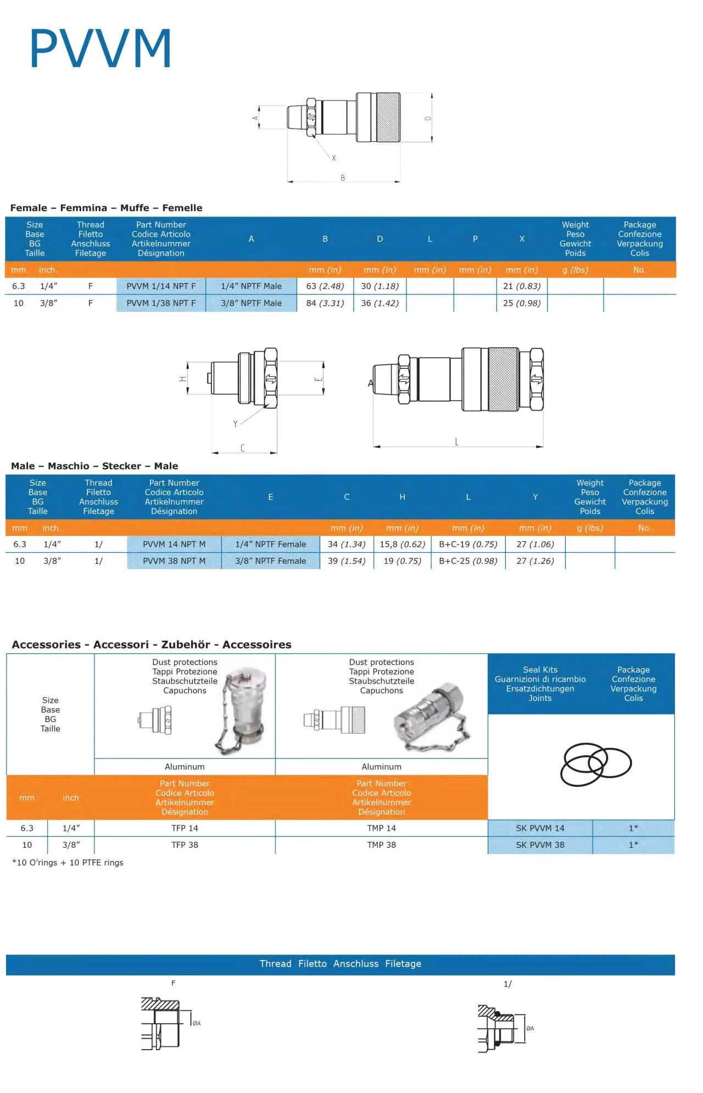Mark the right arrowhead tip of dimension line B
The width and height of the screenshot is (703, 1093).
click(400, 181)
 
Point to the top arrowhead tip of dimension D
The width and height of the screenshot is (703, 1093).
click(432, 93)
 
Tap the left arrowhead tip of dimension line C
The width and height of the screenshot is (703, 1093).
click(212, 453)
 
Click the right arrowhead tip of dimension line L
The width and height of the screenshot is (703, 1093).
click(543, 447)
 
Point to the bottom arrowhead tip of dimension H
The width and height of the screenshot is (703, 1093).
click(187, 394)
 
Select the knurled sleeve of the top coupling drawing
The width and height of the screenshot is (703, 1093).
click(388, 117)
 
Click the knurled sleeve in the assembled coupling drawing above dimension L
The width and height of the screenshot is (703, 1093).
click(503, 379)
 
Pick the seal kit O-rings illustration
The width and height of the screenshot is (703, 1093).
click(596, 764)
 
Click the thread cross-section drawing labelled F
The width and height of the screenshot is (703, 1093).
click(161, 1023)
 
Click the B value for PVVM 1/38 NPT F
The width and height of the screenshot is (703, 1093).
click(325, 303)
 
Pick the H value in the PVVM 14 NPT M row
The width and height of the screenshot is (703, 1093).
click(403, 545)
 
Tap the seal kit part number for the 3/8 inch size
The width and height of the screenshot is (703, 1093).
click(540, 845)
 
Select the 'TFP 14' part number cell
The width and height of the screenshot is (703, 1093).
click(185, 828)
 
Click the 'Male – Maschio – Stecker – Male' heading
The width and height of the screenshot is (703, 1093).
click(94, 466)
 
